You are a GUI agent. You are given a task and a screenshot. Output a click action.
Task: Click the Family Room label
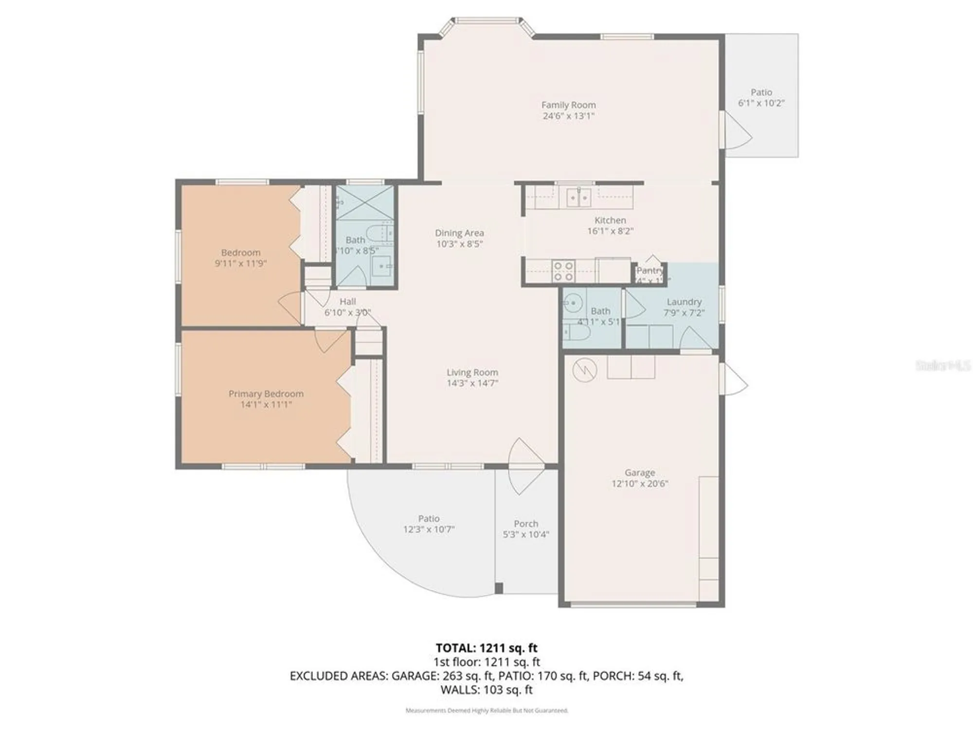tap(568, 105)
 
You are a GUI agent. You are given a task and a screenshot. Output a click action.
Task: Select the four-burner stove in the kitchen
tap(563, 272)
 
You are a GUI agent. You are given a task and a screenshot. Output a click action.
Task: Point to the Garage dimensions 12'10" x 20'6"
tap(640, 483)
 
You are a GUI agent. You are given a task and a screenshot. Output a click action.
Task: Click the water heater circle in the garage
tap(584, 370)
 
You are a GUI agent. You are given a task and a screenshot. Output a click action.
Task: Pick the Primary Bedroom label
tap(266, 393)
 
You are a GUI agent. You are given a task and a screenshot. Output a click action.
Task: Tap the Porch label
tap(526, 524)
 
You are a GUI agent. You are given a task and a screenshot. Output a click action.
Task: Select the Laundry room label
tap(684, 302)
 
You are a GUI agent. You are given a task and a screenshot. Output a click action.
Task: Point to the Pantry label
tap(649, 271)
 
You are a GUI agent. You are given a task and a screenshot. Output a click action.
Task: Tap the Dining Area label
tap(459, 233)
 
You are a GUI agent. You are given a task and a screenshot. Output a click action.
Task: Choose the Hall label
tap(347, 302)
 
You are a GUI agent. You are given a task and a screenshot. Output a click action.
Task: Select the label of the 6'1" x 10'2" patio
tap(761, 92)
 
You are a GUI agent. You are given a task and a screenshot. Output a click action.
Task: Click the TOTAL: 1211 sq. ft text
tap(486, 648)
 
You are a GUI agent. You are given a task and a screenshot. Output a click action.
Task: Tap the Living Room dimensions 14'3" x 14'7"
tap(472, 383)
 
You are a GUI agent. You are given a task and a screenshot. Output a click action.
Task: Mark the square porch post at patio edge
tap(499, 588)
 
